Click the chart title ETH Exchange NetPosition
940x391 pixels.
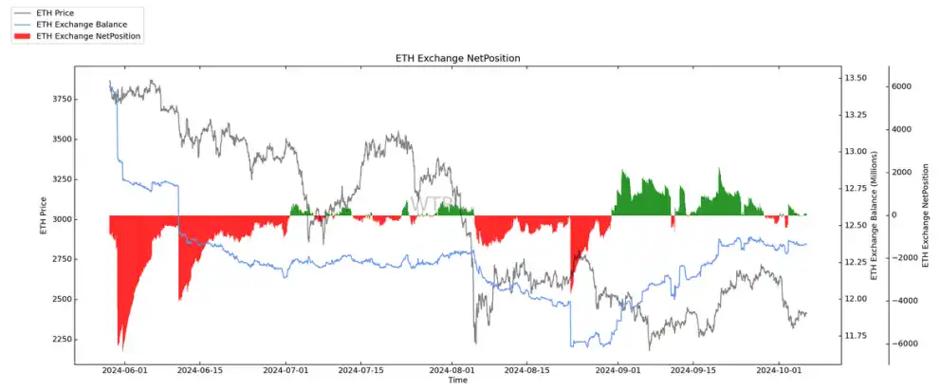pyautogui.click(x=457, y=59)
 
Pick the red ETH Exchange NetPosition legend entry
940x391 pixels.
pyautogui.click(x=87, y=35)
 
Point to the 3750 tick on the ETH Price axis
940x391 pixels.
pyautogui.click(x=54, y=99)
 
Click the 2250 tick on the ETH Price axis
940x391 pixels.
pyautogui.click(x=54, y=340)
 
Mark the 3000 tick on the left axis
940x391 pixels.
pyautogui.click(x=54, y=219)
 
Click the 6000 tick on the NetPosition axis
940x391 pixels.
pyautogui.click(x=901, y=86)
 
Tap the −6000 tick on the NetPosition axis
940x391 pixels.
pyautogui.click(x=899, y=344)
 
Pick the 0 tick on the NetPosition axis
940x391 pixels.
pyautogui.click(x=894, y=215)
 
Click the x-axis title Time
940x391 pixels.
pyautogui.click(x=457, y=381)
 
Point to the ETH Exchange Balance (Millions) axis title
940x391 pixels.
pyautogui.click(x=875, y=214)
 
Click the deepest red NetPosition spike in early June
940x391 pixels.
pyautogui.click(x=120, y=347)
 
